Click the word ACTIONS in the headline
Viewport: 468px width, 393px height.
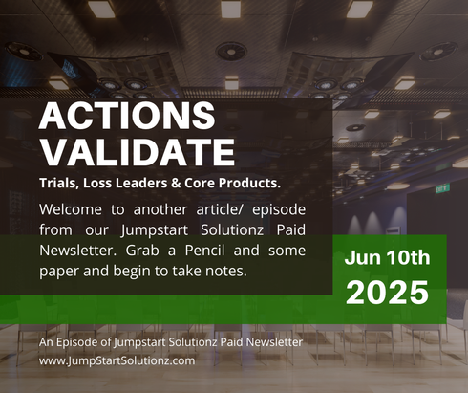pos(127,117)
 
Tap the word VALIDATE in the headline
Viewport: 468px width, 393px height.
pos(138,151)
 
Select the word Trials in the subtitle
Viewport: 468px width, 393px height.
pos(62,182)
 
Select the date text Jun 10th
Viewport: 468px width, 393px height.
pos(387,257)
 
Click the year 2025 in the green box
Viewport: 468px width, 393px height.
pos(387,292)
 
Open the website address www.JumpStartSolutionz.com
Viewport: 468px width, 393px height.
pos(117,360)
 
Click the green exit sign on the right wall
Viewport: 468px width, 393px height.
pos(442,188)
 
